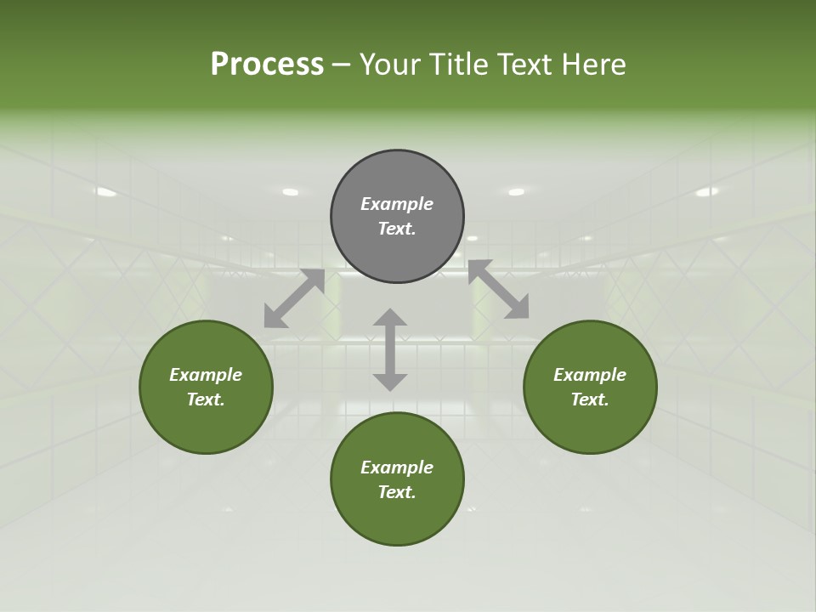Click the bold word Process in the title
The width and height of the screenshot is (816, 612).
point(267,65)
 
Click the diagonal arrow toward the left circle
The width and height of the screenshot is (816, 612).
point(294,298)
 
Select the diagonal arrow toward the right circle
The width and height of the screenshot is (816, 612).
point(498,290)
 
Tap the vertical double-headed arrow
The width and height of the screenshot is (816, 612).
point(390,349)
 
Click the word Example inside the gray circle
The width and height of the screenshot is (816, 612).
point(397,204)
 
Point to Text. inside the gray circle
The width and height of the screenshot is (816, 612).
point(397,229)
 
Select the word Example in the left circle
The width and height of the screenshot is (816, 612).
point(206,375)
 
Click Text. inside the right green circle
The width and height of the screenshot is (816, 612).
point(590,399)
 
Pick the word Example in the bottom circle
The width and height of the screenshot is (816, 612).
point(397,467)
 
